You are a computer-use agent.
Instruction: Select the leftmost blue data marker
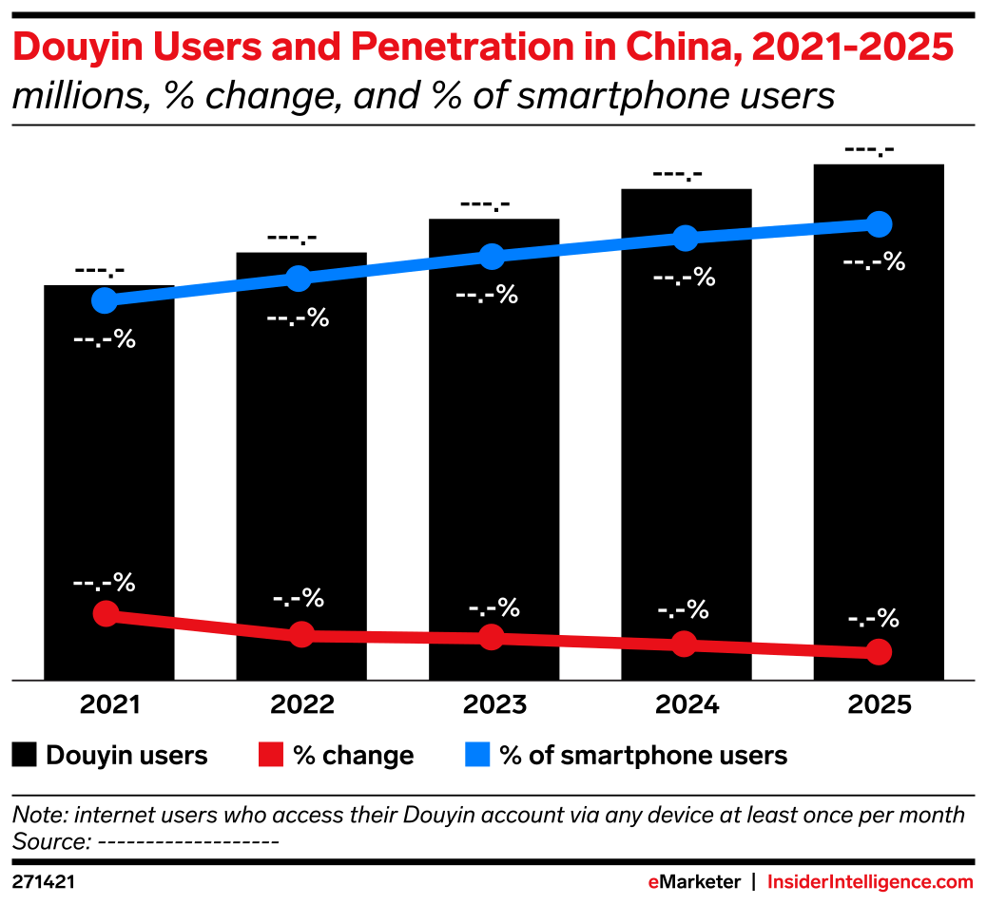coord(105,300)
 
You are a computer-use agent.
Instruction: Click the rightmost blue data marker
coord(880,224)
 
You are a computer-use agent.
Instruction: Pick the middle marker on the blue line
coord(491,256)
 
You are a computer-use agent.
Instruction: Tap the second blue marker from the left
coord(299,278)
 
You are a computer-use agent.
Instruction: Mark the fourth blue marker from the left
coord(685,238)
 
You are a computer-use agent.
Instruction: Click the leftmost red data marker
coord(106,613)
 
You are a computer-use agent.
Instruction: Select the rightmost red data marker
coord(880,651)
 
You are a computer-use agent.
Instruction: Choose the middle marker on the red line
coord(491,637)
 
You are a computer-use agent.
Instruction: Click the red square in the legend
coord(271,754)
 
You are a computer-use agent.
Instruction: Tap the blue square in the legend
coord(477,754)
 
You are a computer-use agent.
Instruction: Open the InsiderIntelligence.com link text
coord(870,882)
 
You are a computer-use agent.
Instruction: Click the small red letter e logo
coord(653,882)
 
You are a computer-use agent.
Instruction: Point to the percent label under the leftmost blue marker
coord(105,338)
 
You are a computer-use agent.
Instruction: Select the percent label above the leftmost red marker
coord(105,582)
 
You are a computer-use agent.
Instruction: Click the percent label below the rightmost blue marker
coord(874,261)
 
